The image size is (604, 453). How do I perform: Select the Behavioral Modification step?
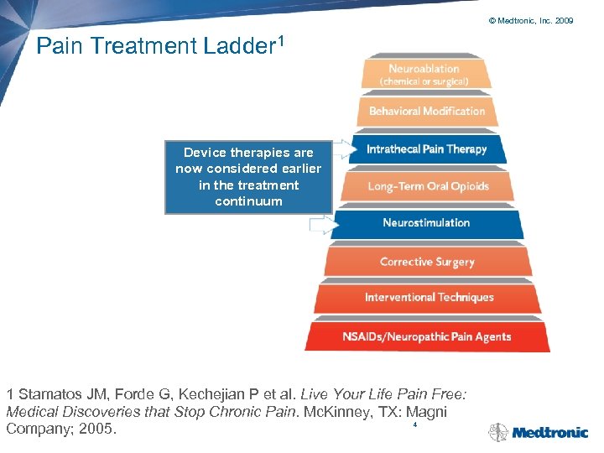(x=426, y=112)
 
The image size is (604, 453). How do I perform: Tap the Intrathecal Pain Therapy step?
(x=426, y=149)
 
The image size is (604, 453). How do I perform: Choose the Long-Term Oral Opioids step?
(x=427, y=186)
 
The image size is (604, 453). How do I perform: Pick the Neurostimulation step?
(x=426, y=223)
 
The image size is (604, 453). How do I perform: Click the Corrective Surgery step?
(x=427, y=262)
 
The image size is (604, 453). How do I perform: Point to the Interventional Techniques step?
(x=428, y=298)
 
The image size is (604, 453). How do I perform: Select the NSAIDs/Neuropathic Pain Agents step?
(x=426, y=336)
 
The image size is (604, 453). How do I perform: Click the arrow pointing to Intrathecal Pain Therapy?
(x=343, y=150)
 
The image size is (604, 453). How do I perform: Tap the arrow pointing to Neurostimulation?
(x=322, y=224)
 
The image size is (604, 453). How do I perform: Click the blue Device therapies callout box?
(x=248, y=177)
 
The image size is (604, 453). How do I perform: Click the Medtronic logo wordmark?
(x=549, y=433)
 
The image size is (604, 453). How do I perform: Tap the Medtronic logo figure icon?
(x=498, y=433)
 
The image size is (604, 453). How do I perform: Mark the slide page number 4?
(x=414, y=425)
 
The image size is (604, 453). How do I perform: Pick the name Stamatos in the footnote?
(x=49, y=393)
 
